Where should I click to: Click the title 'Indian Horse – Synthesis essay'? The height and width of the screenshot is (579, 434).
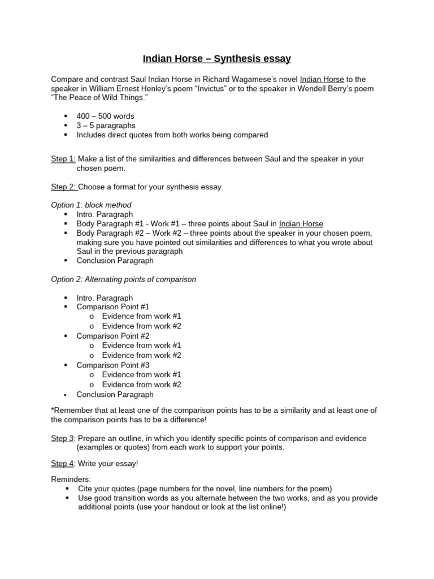pyautogui.click(x=216, y=58)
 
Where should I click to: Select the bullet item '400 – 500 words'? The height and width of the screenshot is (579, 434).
pyautogui.click(x=105, y=116)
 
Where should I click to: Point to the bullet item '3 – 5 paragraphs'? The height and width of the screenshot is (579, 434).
pyautogui.click(x=106, y=126)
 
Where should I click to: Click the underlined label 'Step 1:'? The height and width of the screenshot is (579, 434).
pyautogui.click(x=63, y=159)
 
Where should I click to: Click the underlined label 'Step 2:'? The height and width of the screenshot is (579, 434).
pyautogui.click(x=63, y=187)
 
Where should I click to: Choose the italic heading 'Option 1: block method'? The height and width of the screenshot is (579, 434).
pyautogui.click(x=91, y=205)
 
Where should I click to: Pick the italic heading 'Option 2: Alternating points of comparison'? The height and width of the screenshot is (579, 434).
pyautogui.click(x=124, y=279)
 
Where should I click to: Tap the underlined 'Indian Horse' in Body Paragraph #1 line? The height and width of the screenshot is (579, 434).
pyautogui.click(x=301, y=224)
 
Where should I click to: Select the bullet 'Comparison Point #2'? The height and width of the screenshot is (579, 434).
pyautogui.click(x=113, y=336)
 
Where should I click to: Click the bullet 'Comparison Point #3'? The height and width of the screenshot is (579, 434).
pyautogui.click(x=113, y=365)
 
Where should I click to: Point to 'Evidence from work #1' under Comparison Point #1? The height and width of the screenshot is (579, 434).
pyautogui.click(x=142, y=316)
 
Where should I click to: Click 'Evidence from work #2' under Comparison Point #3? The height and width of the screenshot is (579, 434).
pyautogui.click(x=142, y=384)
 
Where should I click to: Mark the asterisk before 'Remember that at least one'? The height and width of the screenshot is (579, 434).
pyautogui.click(x=53, y=411)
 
